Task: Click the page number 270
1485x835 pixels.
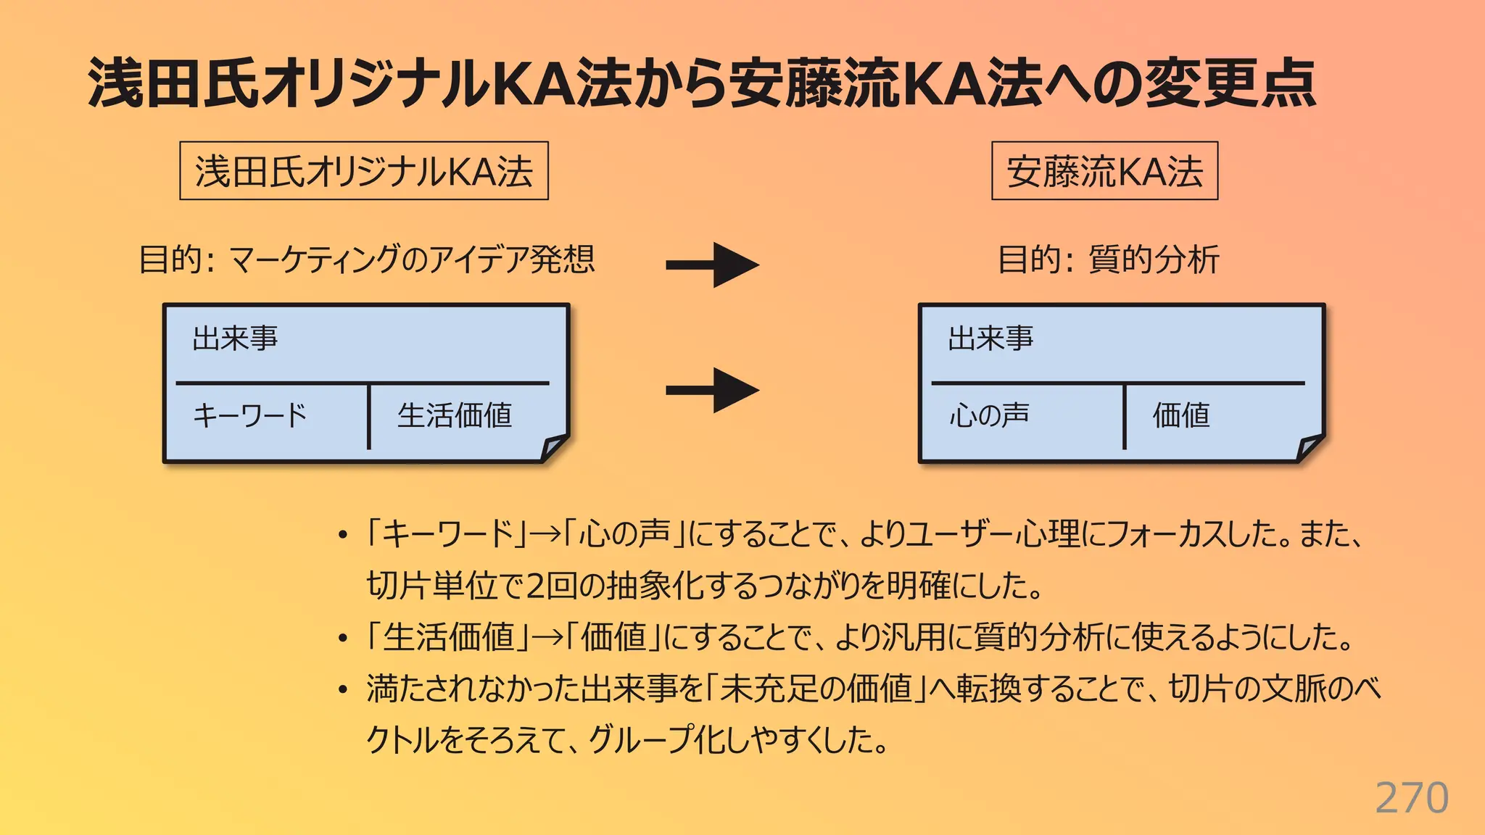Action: pos(1411,798)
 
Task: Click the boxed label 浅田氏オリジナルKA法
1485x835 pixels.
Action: pos(364,172)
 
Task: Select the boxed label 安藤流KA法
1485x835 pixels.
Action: pos(1104,172)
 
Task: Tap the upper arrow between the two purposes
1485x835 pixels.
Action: pos(712,265)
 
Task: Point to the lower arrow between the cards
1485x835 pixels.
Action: pos(712,390)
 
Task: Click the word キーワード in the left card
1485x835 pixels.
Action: pos(250,415)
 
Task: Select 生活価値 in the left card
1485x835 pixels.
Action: pos(455,415)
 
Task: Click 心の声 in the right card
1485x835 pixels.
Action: pos(989,415)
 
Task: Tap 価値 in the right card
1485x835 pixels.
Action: pos(1181,415)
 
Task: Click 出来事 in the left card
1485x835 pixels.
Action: pos(235,338)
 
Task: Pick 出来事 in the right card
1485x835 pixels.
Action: pos(990,338)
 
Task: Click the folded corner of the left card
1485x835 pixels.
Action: pos(555,447)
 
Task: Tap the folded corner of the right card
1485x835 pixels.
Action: pos(1310,447)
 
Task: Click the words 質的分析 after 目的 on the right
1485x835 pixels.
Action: pos(1154,259)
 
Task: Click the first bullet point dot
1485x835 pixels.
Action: pos(343,536)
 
